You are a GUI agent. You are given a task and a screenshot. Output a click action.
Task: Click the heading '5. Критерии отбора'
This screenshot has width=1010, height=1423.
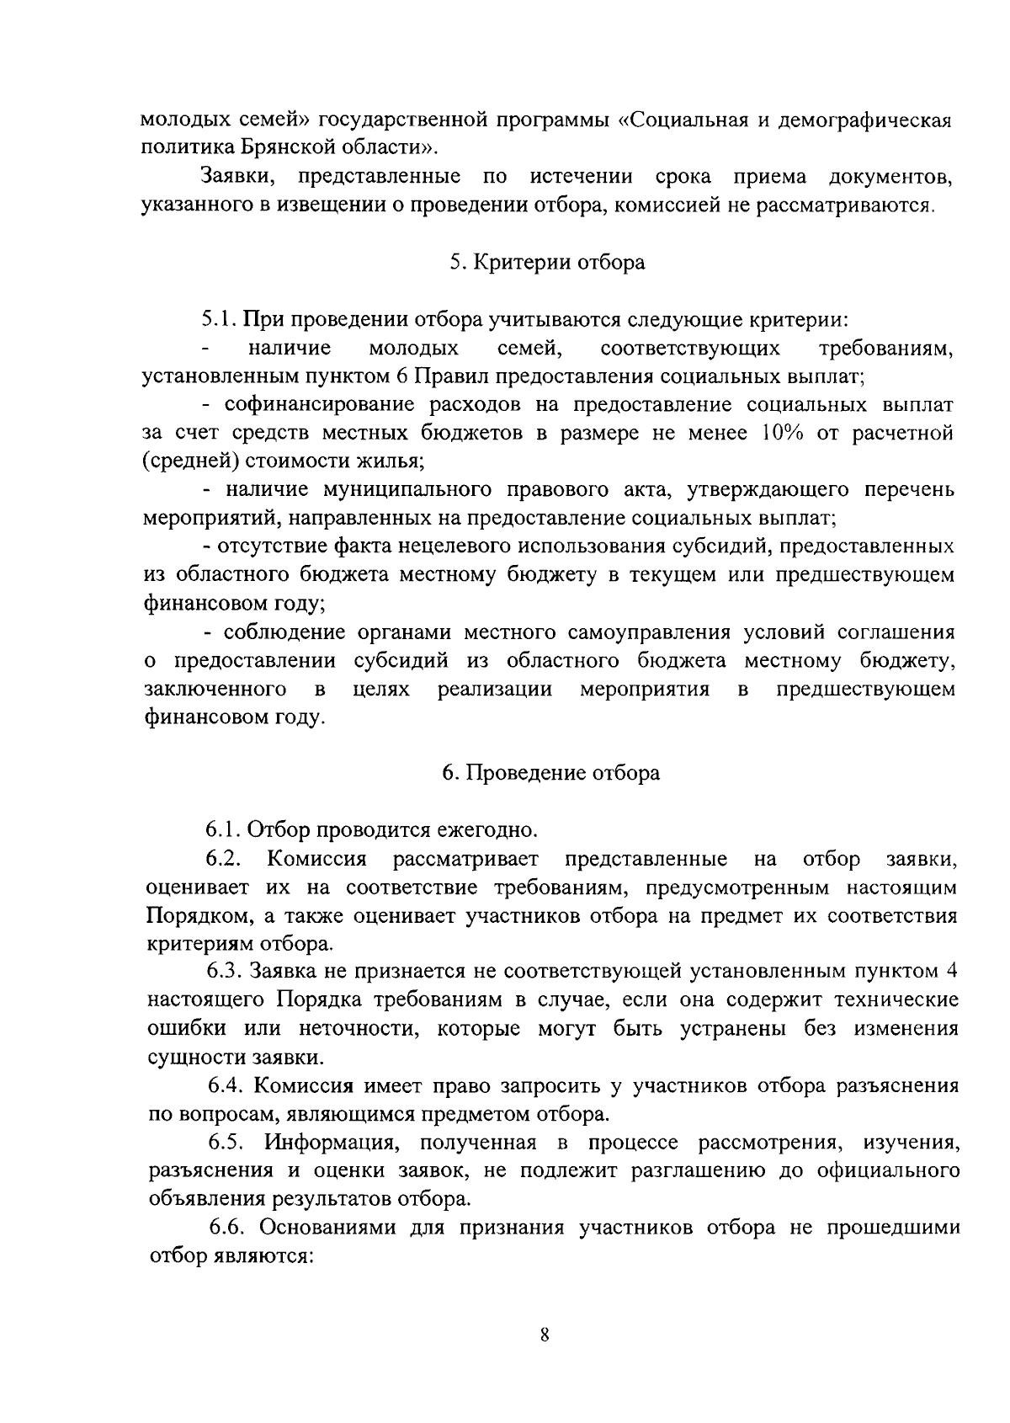pyautogui.click(x=547, y=263)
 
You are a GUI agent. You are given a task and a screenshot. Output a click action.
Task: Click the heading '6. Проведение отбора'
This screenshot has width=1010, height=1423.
pyautogui.click(x=551, y=773)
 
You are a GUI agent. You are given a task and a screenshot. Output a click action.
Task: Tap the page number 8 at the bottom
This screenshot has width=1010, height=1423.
pyautogui.click(x=545, y=1335)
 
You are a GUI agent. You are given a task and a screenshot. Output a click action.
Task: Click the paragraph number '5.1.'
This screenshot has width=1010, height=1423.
pyautogui.click(x=220, y=320)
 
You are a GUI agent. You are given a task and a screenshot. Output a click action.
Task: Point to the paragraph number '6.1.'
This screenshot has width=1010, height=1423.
pyautogui.click(x=225, y=830)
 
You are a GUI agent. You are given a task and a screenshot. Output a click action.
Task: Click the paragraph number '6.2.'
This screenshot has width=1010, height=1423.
pyautogui.click(x=225, y=860)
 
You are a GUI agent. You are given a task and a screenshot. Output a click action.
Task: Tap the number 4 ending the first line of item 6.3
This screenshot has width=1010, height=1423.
pyautogui.click(x=951, y=972)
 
